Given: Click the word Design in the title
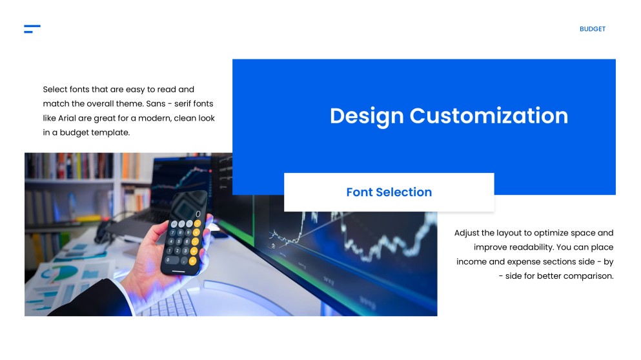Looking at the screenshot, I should pos(367,116).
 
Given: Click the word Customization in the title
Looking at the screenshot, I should pos(489,116).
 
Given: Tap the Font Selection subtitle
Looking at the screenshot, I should pos(389,192).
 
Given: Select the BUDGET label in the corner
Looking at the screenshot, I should pos(592,29).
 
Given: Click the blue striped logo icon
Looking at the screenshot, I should pos(32,29).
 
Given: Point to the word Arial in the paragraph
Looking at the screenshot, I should pos(70,119).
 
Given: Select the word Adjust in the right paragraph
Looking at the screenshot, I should pos(467,233).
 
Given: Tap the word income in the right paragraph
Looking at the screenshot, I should pos(471,262).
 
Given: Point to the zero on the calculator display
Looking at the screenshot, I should pos(198,214).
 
